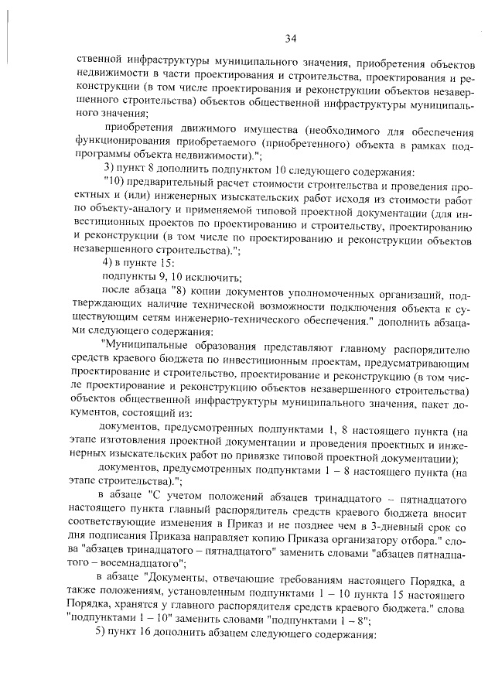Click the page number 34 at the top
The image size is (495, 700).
291,39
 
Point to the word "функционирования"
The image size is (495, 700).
125,142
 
